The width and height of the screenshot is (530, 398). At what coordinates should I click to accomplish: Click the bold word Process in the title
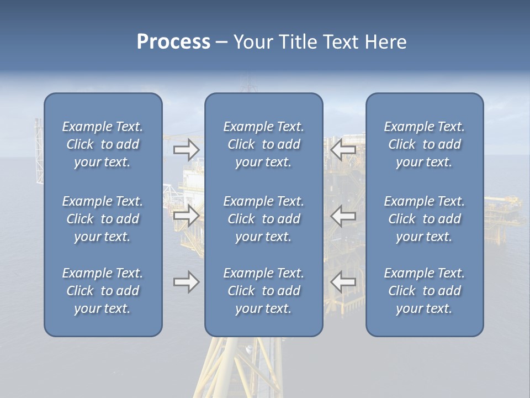[173, 42]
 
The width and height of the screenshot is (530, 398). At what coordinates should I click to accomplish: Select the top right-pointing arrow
[186, 150]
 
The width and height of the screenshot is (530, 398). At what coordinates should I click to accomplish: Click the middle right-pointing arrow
[186, 216]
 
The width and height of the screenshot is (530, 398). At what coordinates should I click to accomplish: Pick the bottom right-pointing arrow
[186, 282]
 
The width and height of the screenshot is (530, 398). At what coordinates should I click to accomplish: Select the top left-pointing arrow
[343, 150]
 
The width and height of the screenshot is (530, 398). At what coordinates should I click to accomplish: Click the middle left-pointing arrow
[343, 216]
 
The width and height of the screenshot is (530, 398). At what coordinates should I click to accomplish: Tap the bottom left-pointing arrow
[343, 282]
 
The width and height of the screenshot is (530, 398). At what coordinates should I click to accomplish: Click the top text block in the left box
[103, 144]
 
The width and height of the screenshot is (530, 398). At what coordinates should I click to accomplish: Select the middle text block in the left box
[103, 219]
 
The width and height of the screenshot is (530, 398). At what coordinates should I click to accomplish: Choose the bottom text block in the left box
[103, 291]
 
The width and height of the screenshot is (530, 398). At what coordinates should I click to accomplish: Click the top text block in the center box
[263, 144]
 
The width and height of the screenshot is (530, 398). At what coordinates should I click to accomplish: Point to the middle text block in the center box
[263, 219]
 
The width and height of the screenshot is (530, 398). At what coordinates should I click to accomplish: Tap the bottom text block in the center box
[263, 291]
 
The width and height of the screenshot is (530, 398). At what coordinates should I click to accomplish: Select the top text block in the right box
[424, 144]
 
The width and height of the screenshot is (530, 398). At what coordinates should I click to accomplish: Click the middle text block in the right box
[424, 219]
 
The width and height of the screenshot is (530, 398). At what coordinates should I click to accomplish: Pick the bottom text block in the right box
[424, 291]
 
